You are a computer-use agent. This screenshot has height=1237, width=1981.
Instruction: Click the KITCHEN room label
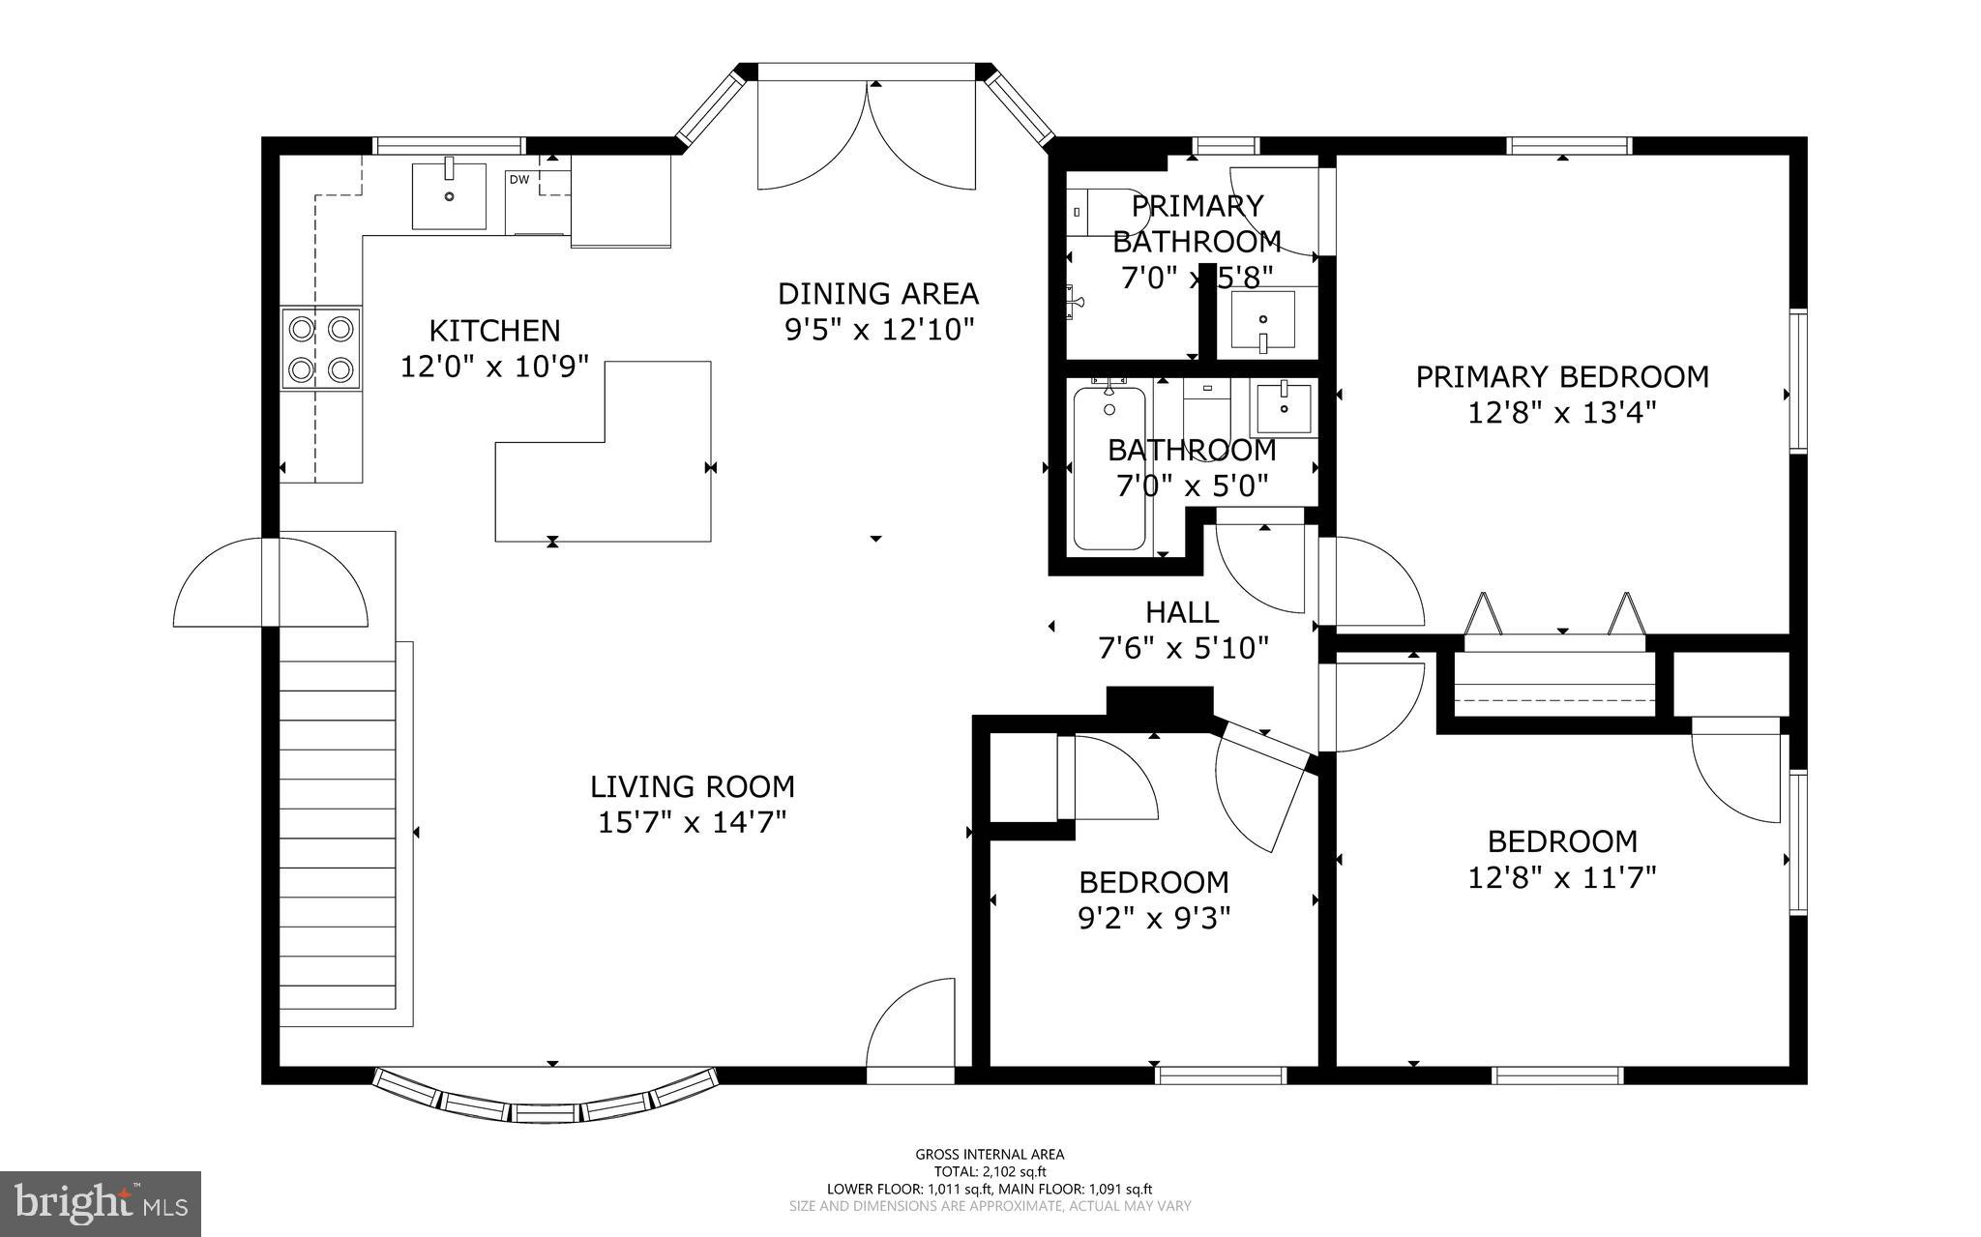click(x=494, y=331)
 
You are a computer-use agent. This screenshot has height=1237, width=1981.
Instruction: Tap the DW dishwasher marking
click(x=518, y=179)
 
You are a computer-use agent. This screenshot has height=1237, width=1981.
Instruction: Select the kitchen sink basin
click(x=449, y=196)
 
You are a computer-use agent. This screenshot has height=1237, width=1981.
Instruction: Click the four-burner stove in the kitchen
click(x=321, y=348)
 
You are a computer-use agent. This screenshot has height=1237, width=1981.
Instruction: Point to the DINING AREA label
click(x=878, y=293)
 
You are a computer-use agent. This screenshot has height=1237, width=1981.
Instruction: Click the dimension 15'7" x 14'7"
click(x=692, y=823)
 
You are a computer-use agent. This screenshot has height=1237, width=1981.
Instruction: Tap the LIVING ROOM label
click(x=693, y=786)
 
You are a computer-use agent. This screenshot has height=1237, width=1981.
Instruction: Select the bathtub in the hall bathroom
click(x=1109, y=468)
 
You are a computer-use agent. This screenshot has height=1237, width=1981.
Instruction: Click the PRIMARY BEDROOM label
click(x=1562, y=376)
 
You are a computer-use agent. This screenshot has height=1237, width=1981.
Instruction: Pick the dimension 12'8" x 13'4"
click(x=1562, y=413)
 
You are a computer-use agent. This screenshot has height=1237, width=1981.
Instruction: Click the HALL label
click(x=1182, y=612)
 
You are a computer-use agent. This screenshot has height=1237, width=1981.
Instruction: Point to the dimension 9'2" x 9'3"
click(x=1154, y=918)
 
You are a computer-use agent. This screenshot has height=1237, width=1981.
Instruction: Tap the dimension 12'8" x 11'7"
click(x=1562, y=877)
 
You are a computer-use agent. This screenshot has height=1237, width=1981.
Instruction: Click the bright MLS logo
click(x=101, y=1202)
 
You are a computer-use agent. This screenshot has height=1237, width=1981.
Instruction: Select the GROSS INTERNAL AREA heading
click(x=990, y=1154)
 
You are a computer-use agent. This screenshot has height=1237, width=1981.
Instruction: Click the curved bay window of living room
click(x=547, y=1103)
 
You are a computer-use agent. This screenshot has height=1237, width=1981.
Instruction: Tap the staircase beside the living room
click(x=339, y=832)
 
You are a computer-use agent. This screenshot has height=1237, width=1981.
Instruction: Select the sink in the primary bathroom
click(x=1263, y=321)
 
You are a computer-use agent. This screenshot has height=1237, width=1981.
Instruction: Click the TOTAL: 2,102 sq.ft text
click(x=990, y=1171)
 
